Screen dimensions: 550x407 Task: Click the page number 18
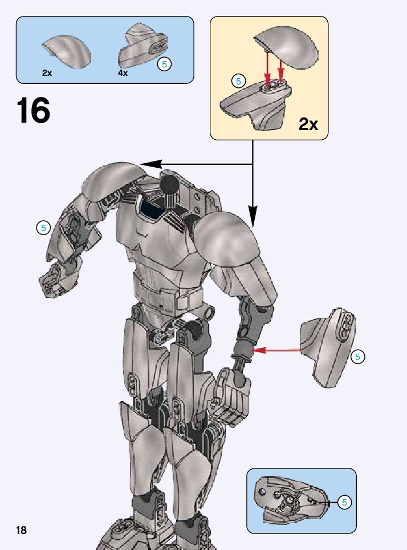21,530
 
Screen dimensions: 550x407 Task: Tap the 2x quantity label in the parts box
47,73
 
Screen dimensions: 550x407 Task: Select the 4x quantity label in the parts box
123,73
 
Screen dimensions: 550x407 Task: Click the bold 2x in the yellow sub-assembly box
308,124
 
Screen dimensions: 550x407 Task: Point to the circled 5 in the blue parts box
164,64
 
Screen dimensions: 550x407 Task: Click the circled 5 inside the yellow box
239,81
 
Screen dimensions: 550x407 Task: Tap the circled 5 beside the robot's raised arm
43,228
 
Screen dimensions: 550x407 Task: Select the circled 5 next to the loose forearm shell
358,357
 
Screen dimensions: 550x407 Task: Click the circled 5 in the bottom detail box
344,502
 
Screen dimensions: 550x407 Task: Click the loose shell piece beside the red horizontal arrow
329,345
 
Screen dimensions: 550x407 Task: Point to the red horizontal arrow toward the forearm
277,350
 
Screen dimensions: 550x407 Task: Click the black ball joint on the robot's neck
169,185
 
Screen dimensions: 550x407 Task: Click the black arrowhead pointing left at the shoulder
149,164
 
